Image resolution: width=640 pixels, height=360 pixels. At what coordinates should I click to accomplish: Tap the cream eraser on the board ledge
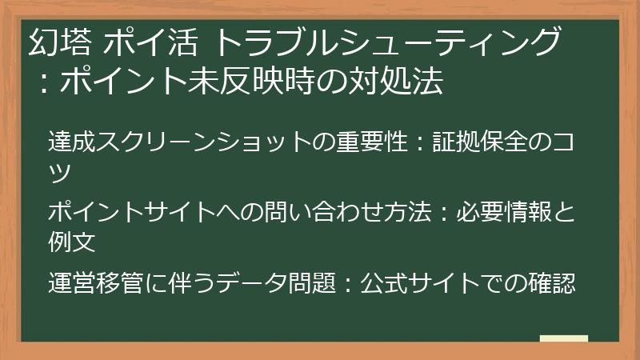(x=564, y=338)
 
